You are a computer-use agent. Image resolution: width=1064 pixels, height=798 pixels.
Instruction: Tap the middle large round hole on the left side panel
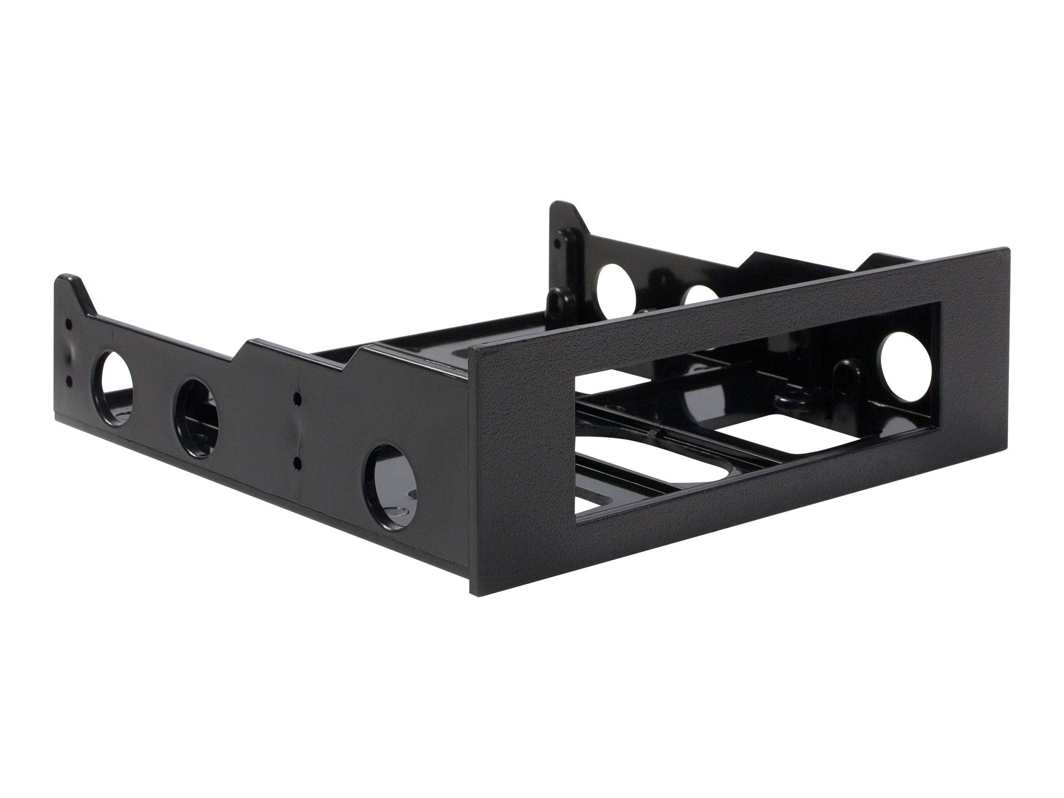tap(194, 417)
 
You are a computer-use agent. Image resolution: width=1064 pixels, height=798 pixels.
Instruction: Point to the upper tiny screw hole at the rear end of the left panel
tap(68, 324)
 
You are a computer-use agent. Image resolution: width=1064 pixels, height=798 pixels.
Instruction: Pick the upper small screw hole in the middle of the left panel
tap(298, 413)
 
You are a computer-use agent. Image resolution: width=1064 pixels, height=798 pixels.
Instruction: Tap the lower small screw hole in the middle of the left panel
tap(297, 465)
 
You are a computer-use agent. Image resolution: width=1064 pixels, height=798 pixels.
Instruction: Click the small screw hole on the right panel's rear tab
tap(557, 243)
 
